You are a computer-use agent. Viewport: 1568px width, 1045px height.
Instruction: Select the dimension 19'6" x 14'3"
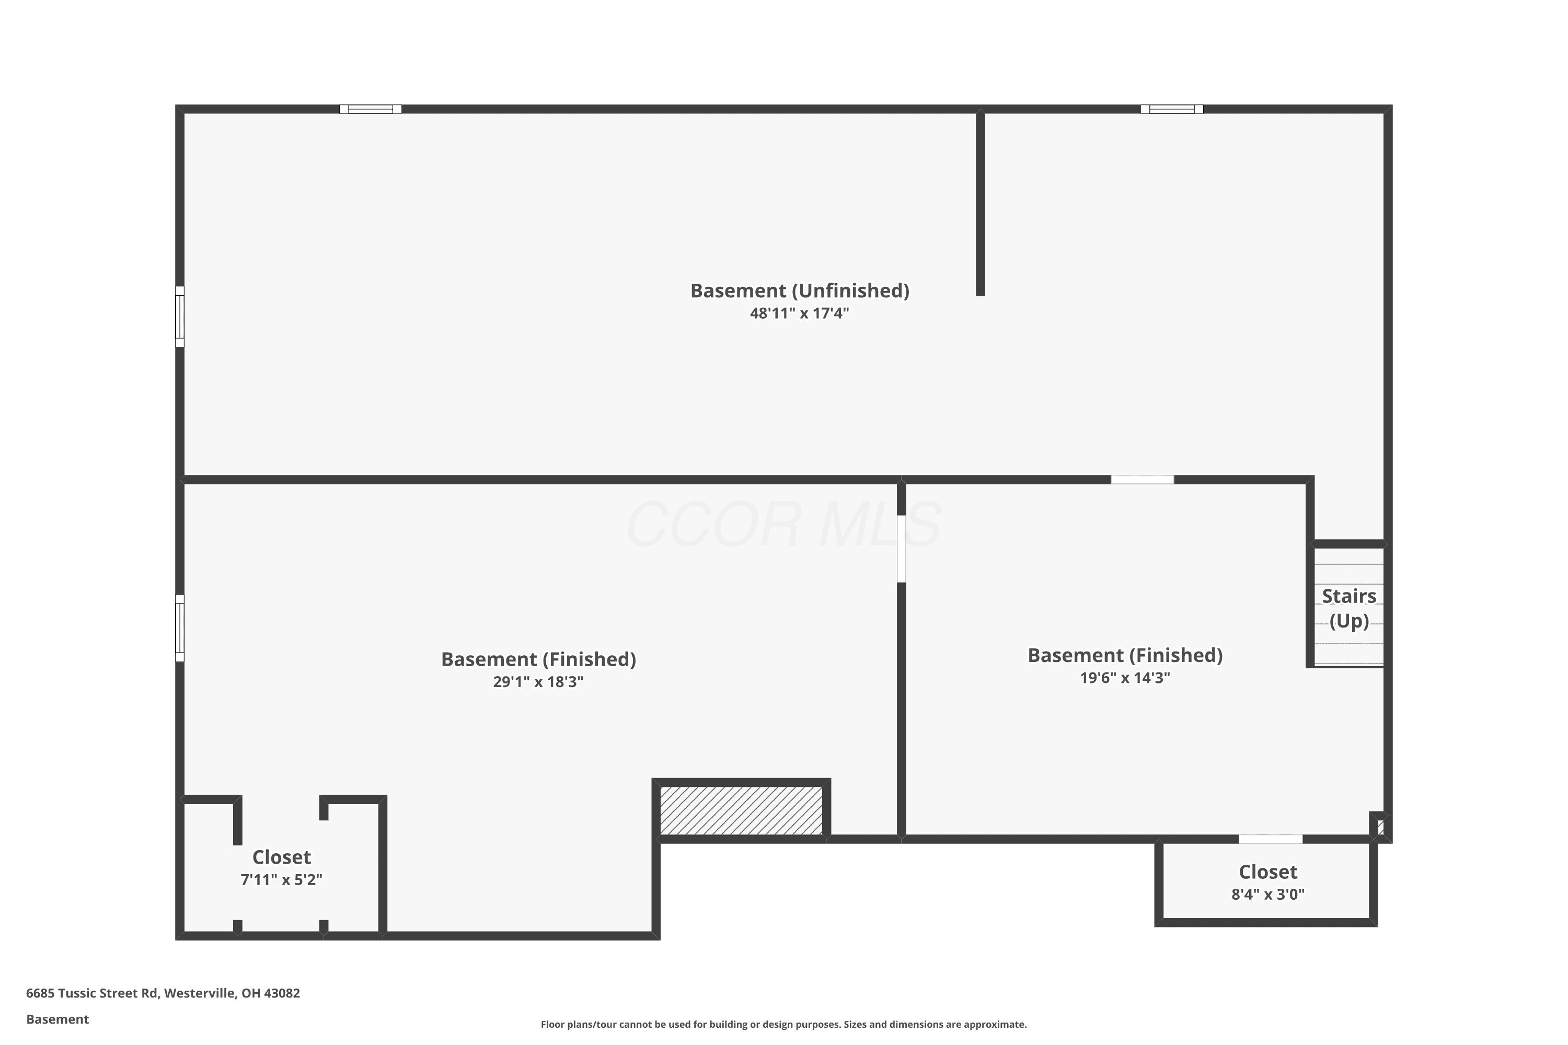[1125, 678]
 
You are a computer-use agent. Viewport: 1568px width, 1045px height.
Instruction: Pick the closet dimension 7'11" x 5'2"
[281, 880]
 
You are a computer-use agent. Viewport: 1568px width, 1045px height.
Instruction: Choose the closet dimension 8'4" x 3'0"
[1268, 895]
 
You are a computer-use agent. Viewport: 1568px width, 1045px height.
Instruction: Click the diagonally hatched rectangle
[741, 810]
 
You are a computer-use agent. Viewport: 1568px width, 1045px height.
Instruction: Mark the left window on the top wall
[371, 109]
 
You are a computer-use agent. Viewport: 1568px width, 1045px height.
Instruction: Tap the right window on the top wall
[1172, 109]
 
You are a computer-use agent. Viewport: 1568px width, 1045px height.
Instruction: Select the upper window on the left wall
[180, 317]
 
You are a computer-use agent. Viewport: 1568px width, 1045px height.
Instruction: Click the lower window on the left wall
[180, 628]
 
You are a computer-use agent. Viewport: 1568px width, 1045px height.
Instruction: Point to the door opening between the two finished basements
[901, 549]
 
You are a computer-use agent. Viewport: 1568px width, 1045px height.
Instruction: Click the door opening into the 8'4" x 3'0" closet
[1271, 839]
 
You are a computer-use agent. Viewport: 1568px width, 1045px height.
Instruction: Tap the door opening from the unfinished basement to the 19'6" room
[1143, 480]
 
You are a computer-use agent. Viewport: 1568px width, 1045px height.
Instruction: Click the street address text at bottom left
[163, 993]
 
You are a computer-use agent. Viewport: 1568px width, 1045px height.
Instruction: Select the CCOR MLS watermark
[784, 525]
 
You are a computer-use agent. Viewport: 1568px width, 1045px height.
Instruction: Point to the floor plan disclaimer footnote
[784, 1024]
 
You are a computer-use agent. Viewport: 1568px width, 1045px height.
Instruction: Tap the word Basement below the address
[57, 1019]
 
